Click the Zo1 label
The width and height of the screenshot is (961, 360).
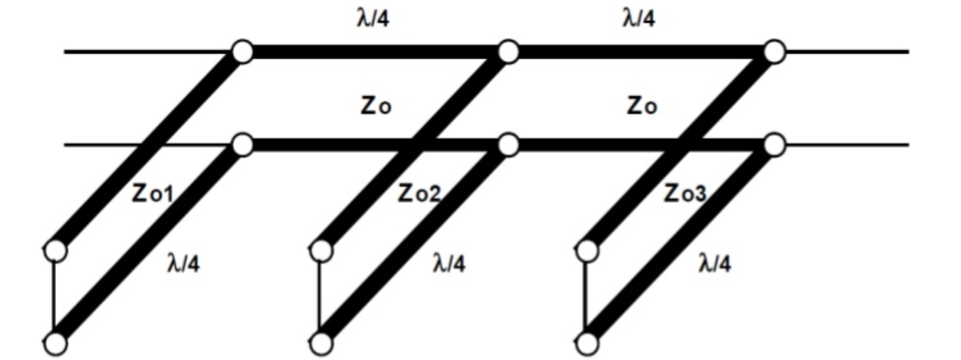coord(152,194)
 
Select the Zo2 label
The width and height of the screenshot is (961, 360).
coord(419,194)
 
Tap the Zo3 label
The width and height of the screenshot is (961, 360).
coord(685,194)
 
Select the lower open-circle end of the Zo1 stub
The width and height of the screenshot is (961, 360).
coord(56,343)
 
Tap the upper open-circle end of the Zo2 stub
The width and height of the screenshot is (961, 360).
coord(321,251)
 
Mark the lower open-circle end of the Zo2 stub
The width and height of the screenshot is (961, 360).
coord(321,343)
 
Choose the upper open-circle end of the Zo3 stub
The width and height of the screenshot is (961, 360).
coord(587,251)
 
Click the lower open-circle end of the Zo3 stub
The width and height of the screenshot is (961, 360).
coord(587,343)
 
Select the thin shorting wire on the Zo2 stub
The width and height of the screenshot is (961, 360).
coord(319,297)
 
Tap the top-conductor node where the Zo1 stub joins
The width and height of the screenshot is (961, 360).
coord(243,52)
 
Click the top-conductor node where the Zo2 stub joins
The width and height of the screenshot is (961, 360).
coord(508,52)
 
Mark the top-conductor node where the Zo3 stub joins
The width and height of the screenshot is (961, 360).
coord(774,52)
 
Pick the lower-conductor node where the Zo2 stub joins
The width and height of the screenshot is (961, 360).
coord(508,145)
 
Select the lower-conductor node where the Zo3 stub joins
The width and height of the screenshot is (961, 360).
coord(774,145)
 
